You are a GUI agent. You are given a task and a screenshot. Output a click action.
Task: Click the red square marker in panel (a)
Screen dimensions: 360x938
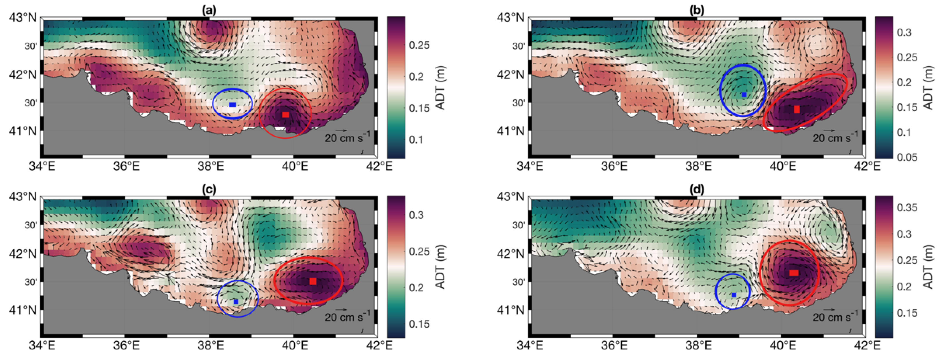point(285,115)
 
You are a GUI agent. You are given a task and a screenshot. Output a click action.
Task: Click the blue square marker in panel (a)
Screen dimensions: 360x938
point(232,105)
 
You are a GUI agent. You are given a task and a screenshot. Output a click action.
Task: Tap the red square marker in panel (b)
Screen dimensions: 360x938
point(797,109)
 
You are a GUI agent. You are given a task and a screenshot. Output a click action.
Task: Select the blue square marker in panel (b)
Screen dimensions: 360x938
point(744,95)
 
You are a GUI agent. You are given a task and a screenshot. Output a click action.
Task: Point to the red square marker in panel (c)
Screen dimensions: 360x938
point(313,281)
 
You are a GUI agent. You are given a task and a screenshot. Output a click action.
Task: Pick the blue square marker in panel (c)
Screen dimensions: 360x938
point(236,301)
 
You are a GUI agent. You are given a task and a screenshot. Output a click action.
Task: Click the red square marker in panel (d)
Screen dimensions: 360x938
point(794,273)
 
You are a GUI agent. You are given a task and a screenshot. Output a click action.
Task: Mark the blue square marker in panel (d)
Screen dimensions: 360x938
point(734,295)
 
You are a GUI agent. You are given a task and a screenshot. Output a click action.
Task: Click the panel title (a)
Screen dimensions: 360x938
point(209,11)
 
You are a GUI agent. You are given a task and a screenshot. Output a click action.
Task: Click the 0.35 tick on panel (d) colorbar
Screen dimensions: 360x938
point(907,208)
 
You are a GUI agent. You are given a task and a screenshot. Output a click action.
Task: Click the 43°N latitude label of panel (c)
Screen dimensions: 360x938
point(23,197)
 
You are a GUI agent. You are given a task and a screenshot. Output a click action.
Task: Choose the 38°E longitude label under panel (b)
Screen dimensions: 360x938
point(697,167)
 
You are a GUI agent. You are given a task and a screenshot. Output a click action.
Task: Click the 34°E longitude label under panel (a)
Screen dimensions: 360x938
point(42,167)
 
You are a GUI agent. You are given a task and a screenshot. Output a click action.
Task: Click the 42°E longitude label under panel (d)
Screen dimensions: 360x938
point(867,345)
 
